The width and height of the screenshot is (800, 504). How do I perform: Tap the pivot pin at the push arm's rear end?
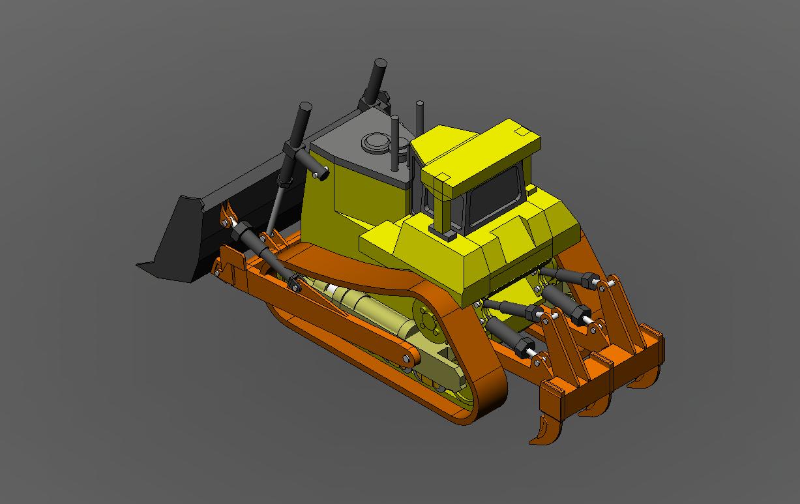407,359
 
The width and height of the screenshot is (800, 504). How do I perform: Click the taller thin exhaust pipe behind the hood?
420,117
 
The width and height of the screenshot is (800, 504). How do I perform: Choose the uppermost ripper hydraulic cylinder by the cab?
567,275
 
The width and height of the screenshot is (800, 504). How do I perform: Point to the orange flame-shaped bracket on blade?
228,214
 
